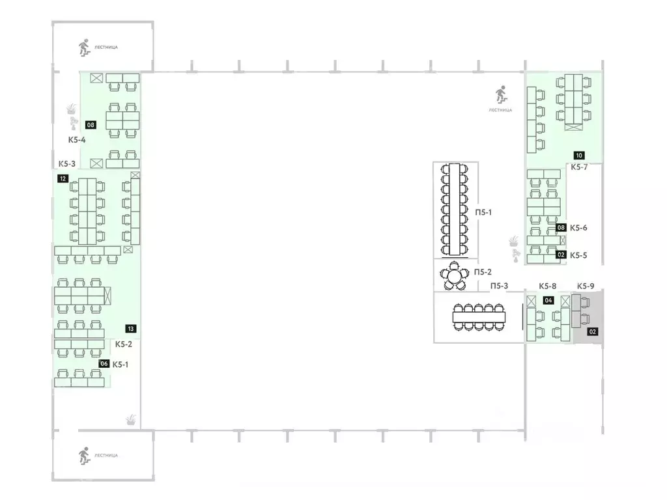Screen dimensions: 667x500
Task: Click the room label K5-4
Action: coord(77,140)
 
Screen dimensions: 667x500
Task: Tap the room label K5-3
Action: coord(67,163)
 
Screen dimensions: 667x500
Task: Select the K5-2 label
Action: coord(123,344)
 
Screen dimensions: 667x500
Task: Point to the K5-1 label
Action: coord(121,365)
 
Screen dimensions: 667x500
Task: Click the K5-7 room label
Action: coord(579,167)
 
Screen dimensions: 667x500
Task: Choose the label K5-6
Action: coord(578,228)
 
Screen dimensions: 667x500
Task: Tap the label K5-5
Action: coord(578,255)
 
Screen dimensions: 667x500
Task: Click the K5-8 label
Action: coord(547,286)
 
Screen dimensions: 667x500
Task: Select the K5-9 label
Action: coord(586,286)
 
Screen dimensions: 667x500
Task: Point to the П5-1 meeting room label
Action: coord(483,212)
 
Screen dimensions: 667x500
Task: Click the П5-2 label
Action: coord(483,272)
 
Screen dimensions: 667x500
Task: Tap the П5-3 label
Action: coord(500,286)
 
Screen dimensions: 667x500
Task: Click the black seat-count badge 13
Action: coord(130,329)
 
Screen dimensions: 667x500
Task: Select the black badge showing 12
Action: coord(63,178)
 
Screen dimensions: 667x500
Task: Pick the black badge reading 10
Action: coord(579,156)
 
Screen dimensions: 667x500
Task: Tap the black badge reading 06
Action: coord(104,364)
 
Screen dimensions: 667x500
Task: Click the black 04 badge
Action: coord(548,301)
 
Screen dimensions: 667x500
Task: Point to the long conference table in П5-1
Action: coord(455,210)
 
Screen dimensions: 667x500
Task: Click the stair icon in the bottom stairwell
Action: coord(84,455)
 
